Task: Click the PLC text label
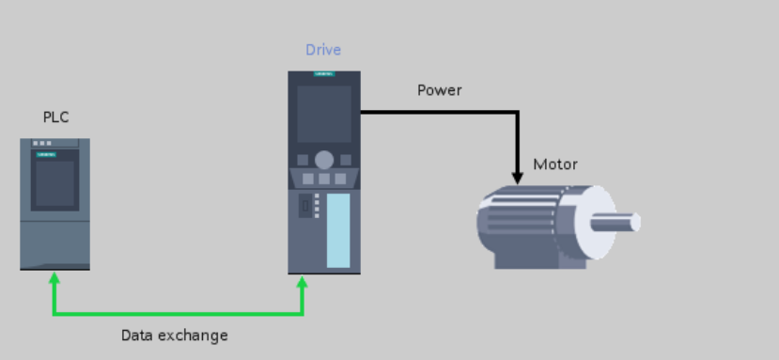(55, 117)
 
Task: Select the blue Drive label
(323, 50)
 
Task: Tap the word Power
(439, 90)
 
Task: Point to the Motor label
(555, 164)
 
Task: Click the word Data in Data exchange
(137, 335)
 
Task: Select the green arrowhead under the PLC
(55, 278)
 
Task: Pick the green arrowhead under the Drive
(303, 280)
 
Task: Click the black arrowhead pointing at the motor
(517, 176)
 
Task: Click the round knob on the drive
(324, 160)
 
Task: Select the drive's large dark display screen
(324, 114)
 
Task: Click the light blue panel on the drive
(338, 230)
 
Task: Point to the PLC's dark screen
(55, 183)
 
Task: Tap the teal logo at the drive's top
(324, 74)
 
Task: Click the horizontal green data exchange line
(179, 313)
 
